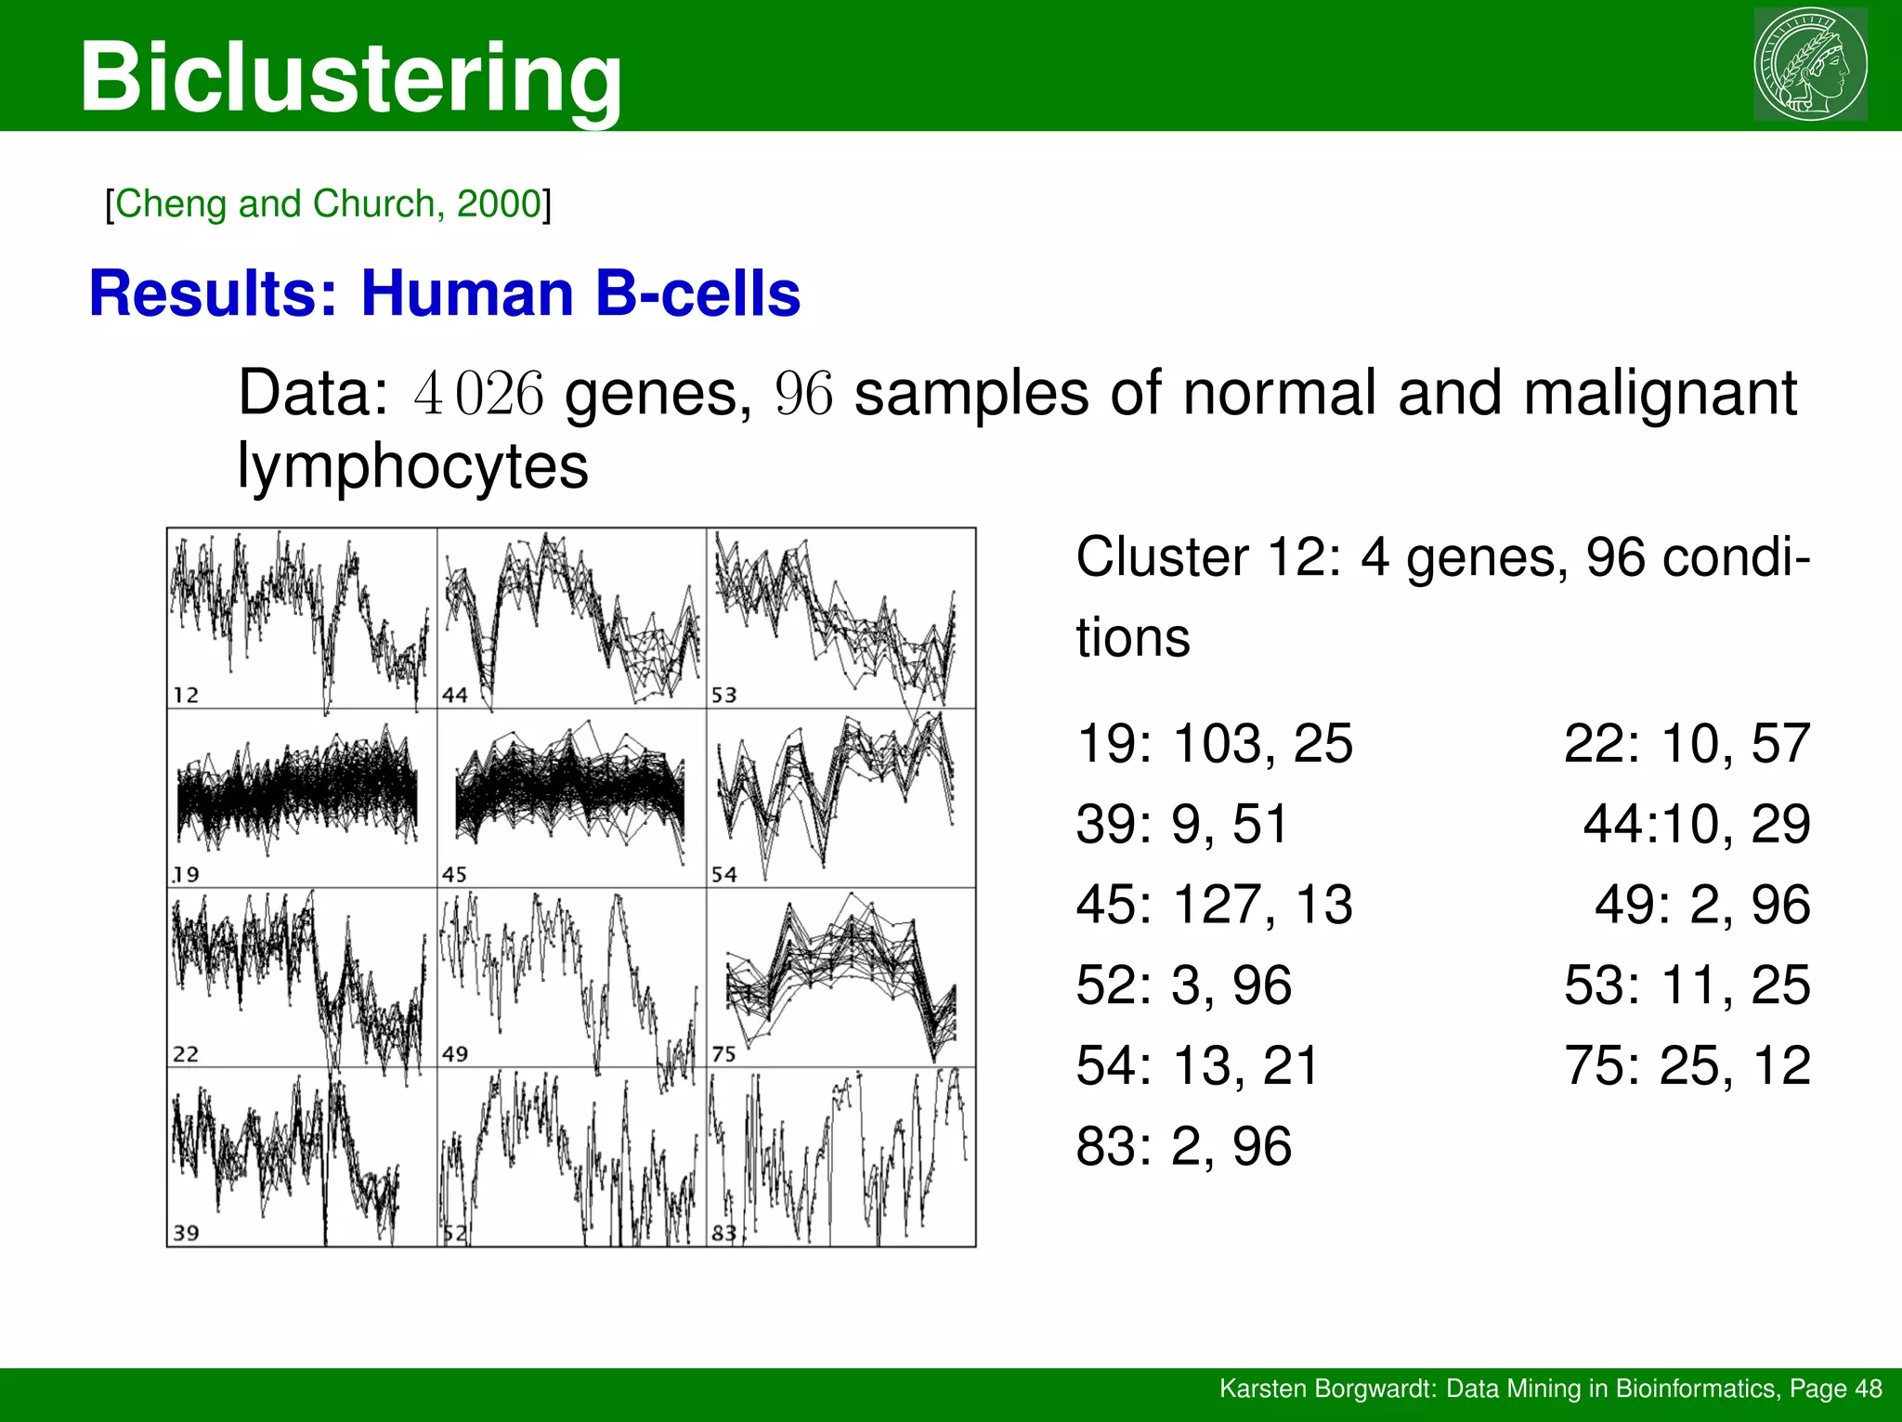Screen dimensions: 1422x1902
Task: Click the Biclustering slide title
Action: (351, 78)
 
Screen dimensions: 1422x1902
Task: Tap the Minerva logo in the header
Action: (1810, 64)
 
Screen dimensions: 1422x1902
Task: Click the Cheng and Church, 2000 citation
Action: (328, 203)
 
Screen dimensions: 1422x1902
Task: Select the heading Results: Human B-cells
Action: (444, 294)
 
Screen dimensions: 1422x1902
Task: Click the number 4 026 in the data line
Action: (478, 394)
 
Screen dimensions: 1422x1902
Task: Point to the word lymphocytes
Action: (412, 465)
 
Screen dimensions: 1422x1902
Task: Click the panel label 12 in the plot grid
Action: (186, 695)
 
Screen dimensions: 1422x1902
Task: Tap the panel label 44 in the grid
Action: (455, 695)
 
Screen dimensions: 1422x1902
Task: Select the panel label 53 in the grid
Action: (723, 695)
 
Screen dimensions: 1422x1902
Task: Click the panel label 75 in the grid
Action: (723, 1053)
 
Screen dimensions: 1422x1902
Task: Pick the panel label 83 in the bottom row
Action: (723, 1233)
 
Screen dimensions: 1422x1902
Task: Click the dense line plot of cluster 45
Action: (570, 789)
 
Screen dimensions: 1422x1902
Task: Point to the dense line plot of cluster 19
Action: (297, 794)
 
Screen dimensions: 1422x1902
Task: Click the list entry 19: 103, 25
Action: (1214, 744)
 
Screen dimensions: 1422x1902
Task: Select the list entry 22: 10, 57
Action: (1687, 744)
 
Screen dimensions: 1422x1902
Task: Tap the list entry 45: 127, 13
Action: (1214, 905)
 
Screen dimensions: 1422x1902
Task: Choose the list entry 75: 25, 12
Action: (1687, 1065)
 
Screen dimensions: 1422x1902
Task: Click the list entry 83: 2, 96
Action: (1183, 1146)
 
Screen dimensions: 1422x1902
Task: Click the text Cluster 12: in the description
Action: (1208, 558)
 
